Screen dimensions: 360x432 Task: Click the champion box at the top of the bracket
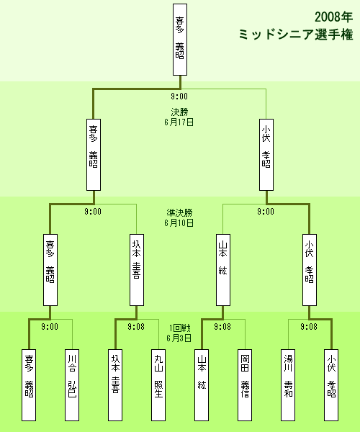coord(180,40)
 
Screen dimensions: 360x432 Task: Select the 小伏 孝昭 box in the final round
coord(266,155)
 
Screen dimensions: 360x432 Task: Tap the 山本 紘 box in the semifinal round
coord(223,270)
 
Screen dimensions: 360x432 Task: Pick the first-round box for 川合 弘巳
coord(72,385)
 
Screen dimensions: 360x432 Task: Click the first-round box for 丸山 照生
coord(158,385)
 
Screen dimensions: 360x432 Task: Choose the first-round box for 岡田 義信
coord(245,385)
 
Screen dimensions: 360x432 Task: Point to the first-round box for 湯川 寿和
coord(288,385)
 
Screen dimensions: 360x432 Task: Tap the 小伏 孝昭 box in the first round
coord(331,385)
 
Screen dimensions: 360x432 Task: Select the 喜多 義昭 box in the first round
coord(29,385)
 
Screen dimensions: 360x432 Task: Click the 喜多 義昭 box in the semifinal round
coord(50,270)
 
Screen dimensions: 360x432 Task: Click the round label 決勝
coord(179,112)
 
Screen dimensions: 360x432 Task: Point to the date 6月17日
coord(179,122)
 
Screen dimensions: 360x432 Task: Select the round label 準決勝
coord(179,212)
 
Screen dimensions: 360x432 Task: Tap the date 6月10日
coord(179,222)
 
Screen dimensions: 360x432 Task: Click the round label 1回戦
coord(179,328)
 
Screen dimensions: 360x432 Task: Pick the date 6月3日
coord(179,338)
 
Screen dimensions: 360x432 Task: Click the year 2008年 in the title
coord(334,17)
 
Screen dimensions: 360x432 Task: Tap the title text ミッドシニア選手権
coord(296,35)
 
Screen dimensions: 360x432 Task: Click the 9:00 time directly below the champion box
coord(179,96)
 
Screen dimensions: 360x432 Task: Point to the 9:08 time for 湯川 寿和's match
coord(309,327)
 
